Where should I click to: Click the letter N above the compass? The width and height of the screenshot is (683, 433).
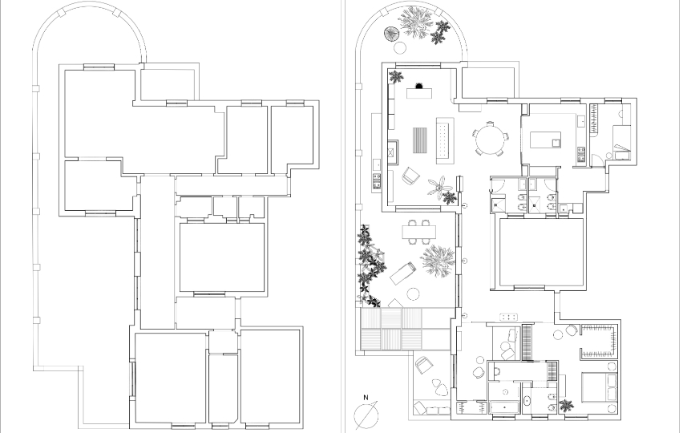tap(366, 397)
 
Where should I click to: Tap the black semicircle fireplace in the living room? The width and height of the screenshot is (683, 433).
tap(419, 86)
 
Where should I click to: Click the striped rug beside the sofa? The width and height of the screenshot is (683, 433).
tap(421, 140)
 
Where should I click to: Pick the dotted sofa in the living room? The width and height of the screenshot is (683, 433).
tap(445, 141)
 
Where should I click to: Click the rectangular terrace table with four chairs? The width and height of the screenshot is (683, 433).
tap(419, 231)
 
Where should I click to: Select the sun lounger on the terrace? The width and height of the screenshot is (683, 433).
tap(403, 273)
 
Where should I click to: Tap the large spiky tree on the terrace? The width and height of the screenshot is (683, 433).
tap(438, 261)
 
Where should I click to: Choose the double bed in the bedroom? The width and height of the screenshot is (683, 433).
tap(600, 386)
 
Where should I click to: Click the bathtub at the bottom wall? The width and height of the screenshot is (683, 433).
tap(504, 407)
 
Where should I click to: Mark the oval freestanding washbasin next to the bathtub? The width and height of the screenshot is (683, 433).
tap(527, 401)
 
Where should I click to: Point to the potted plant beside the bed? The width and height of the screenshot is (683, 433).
tap(566, 406)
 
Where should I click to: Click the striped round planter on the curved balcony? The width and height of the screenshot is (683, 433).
tap(390, 34)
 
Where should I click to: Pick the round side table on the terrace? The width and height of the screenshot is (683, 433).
tap(413, 294)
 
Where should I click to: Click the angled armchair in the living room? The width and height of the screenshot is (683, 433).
tap(410, 176)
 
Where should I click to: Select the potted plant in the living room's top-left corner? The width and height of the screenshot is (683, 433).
tap(396, 77)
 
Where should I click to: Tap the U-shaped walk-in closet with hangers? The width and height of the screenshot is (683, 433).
tap(599, 342)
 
